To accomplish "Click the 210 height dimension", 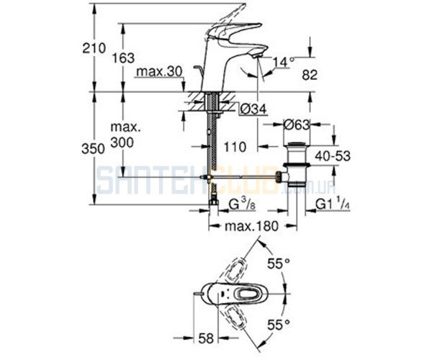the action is click(x=94, y=48).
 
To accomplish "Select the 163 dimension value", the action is click(x=123, y=58).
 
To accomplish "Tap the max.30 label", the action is click(x=160, y=72).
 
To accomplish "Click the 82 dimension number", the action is click(x=310, y=75).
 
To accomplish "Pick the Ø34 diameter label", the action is click(x=253, y=109).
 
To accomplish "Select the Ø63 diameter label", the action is click(x=297, y=125).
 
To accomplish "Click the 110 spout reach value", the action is click(x=235, y=147).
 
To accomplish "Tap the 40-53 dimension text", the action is click(x=333, y=156).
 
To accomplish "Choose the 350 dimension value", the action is click(x=94, y=149).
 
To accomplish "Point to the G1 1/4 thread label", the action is click(x=332, y=204).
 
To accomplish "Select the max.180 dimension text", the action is click(x=252, y=226).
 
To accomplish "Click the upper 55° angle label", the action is click(x=279, y=264).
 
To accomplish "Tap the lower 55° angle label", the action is click(x=279, y=325).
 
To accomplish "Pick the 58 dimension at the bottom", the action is click(x=206, y=338).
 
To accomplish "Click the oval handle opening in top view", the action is click(x=248, y=294).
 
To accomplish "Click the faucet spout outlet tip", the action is click(x=256, y=55).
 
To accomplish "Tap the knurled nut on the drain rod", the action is click(x=279, y=176).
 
